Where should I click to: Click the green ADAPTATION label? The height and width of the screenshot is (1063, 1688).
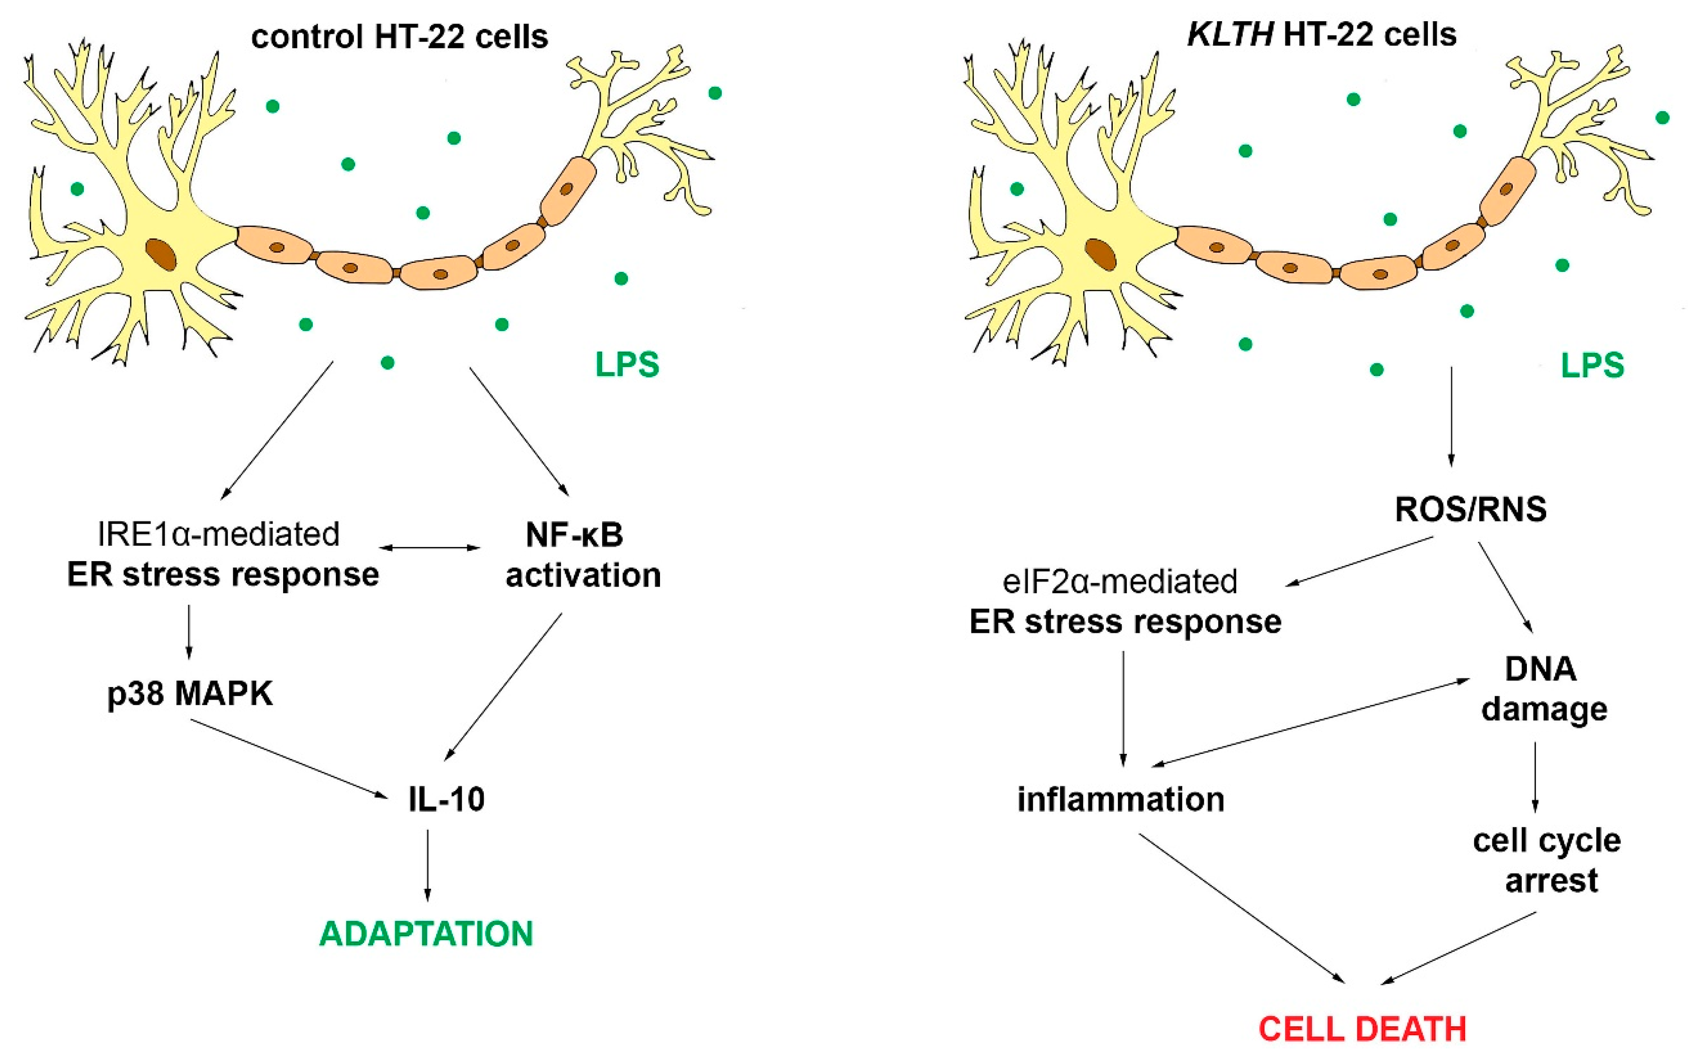[x=426, y=934]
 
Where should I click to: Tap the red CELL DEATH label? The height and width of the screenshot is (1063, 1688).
[x=1362, y=1030]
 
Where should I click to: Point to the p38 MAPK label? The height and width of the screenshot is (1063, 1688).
[x=190, y=694]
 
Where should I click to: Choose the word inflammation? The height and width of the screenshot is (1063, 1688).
[x=1121, y=799]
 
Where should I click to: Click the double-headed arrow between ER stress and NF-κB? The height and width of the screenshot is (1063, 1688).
[x=430, y=548]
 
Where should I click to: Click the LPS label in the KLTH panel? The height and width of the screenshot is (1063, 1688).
[x=1592, y=365]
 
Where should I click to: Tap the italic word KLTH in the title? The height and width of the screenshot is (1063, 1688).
[x=1230, y=34]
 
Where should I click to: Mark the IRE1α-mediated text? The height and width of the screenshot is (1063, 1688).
[x=219, y=534]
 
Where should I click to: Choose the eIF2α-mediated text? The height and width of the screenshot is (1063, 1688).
[x=1119, y=582]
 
